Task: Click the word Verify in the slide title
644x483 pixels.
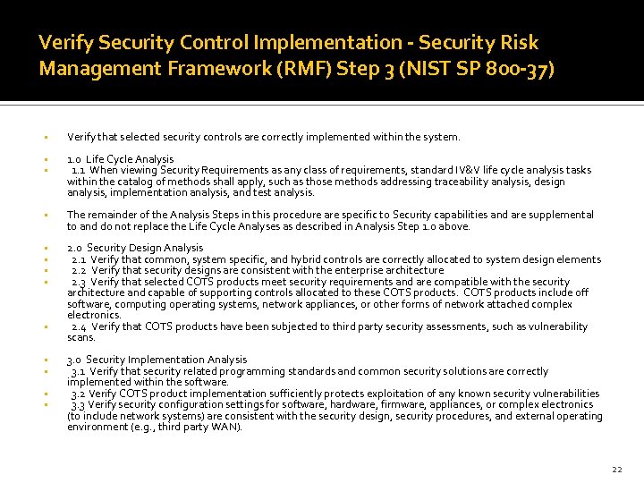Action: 61,42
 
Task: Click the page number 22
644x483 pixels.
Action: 616,469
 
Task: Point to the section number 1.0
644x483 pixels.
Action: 74,159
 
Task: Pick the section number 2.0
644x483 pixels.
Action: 75,248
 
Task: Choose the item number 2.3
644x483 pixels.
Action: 79,282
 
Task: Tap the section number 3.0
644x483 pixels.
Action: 74,360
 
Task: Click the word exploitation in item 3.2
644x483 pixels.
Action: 407,394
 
